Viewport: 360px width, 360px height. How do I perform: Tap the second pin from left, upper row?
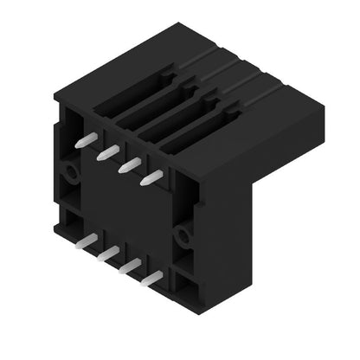click(x=107, y=152)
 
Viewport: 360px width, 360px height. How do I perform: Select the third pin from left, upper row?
click(x=130, y=164)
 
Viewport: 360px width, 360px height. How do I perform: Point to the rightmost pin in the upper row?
click(x=152, y=176)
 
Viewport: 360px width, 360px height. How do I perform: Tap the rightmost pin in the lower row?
click(x=152, y=278)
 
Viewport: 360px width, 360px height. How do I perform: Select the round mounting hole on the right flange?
click(x=182, y=235)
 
